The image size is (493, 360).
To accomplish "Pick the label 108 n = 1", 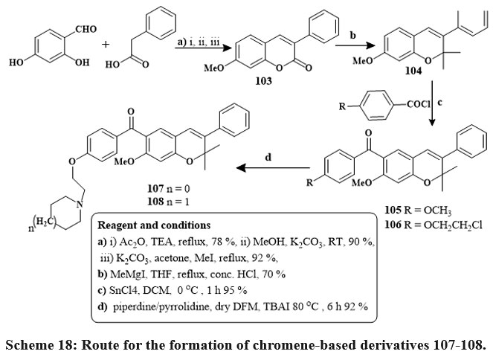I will (167, 203).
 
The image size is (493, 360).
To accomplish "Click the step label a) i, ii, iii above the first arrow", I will (200, 44).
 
